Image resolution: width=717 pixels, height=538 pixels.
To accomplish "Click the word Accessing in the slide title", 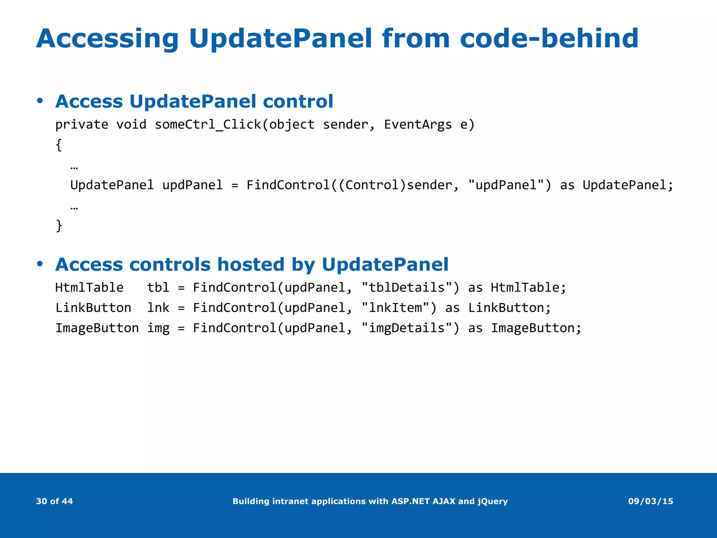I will pyautogui.click(x=107, y=39).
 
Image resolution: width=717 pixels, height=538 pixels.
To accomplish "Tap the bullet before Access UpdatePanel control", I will pyautogui.click(x=40, y=101).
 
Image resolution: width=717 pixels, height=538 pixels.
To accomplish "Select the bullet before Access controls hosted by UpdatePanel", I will pyautogui.click(x=40, y=264).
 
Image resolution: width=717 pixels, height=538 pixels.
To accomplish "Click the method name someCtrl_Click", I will pyautogui.click(x=208, y=125).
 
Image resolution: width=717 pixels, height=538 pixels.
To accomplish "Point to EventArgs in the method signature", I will pyautogui.click(x=418, y=125).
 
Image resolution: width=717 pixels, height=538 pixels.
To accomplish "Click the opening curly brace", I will pyautogui.click(x=59, y=145).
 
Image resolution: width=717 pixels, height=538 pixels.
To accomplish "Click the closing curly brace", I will pyautogui.click(x=59, y=225).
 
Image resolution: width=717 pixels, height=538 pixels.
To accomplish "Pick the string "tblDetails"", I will pyautogui.click(x=406, y=288).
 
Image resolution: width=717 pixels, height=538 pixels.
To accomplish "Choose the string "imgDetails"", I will pyautogui.click(x=406, y=328).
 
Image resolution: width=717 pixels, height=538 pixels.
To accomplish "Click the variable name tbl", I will pyautogui.click(x=158, y=288).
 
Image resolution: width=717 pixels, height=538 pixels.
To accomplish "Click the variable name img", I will pyautogui.click(x=158, y=328).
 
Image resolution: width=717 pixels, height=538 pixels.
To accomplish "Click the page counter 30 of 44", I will pyautogui.click(x=54, y=501).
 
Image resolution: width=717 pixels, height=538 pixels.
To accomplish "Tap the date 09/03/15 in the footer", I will pyautogui.click(x=650, y=501).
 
